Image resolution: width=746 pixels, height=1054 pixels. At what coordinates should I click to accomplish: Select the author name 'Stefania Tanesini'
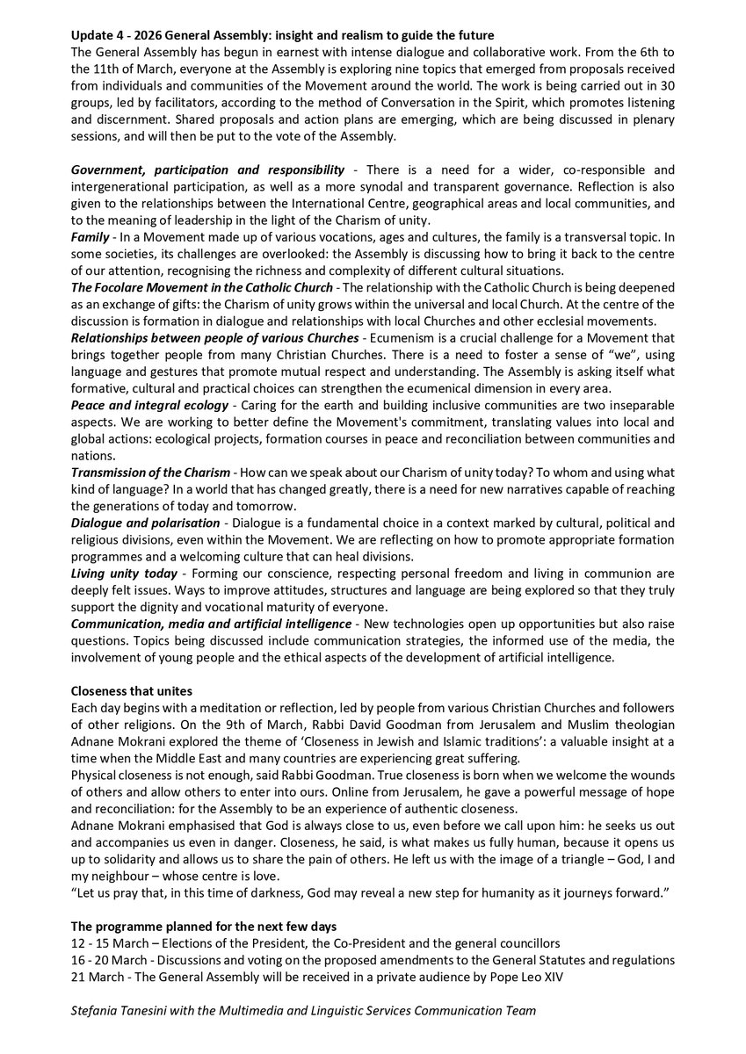[126, 1010]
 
